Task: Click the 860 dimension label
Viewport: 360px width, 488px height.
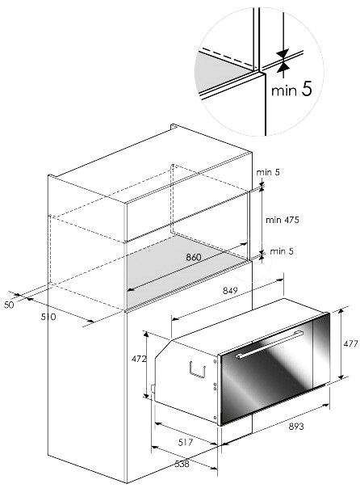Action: click(x=194, y=257)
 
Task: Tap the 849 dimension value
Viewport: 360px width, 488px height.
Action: click(x=230, y=291)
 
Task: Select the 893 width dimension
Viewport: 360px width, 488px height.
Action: click(x=296, y=427)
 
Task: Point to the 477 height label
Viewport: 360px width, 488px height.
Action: click(x=350, y=343)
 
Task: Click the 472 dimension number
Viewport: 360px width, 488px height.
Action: click(x=139, y=359)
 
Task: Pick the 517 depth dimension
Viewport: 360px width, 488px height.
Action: click(x=186, y=442)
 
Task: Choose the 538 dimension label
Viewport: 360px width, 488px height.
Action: click(x=182, y=464)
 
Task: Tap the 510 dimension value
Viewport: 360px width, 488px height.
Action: click(x=48, y=317)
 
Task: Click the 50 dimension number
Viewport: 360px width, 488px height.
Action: click(x=9, y=305)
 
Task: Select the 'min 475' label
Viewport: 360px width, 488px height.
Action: click(x=283, y=220)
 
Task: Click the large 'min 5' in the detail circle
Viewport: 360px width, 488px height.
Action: click(x=291, y=90)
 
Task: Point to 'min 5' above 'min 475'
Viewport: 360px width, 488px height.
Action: click(x=268, y=172)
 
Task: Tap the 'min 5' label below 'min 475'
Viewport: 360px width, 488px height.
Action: click(x=282, y=251)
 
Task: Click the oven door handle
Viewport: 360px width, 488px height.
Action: click(x=270, y=344)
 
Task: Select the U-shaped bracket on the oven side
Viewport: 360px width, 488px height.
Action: click(x=197, y=369)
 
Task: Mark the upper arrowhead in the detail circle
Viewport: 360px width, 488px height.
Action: click(x=283, y=53)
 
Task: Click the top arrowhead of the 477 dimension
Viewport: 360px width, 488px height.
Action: click(x=341, y=311)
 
